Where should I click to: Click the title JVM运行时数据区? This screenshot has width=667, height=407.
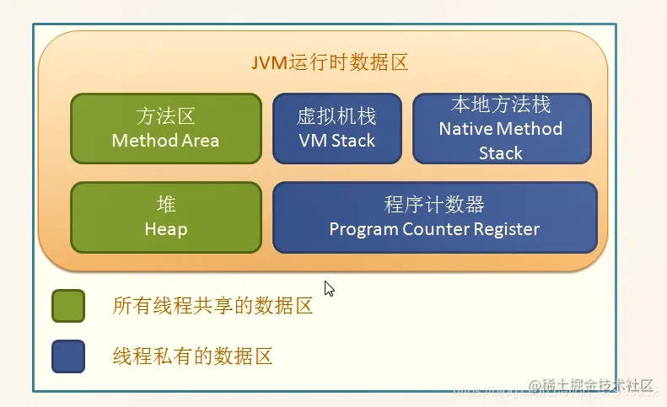tap(331, 63)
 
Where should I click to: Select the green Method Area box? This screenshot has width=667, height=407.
tap(165, 128)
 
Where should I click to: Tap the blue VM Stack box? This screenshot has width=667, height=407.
tap(336, 128)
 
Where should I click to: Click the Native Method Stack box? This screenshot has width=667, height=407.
tap(501, 128)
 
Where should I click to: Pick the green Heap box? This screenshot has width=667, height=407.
tap(165, 217)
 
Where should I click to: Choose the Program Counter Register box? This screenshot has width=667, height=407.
tap(434, 217)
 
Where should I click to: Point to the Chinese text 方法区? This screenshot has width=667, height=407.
tap(165, 116)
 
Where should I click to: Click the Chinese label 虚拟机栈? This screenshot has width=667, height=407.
tap(336, 116)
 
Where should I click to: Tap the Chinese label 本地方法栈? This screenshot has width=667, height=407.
tap(501, 104)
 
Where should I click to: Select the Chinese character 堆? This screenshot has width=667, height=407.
tap(166, 206)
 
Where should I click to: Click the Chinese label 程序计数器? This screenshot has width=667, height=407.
tap(434, 206)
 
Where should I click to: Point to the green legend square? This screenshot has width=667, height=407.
tap(67, 306)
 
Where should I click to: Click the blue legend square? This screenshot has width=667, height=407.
tap(67, 356)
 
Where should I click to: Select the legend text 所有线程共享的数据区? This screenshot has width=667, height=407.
tap(212, 306)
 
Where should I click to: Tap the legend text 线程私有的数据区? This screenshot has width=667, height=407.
tap(192, 356)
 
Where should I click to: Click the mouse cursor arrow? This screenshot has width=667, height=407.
tap(329, 288)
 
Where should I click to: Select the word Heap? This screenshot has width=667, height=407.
tap(165, 228)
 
